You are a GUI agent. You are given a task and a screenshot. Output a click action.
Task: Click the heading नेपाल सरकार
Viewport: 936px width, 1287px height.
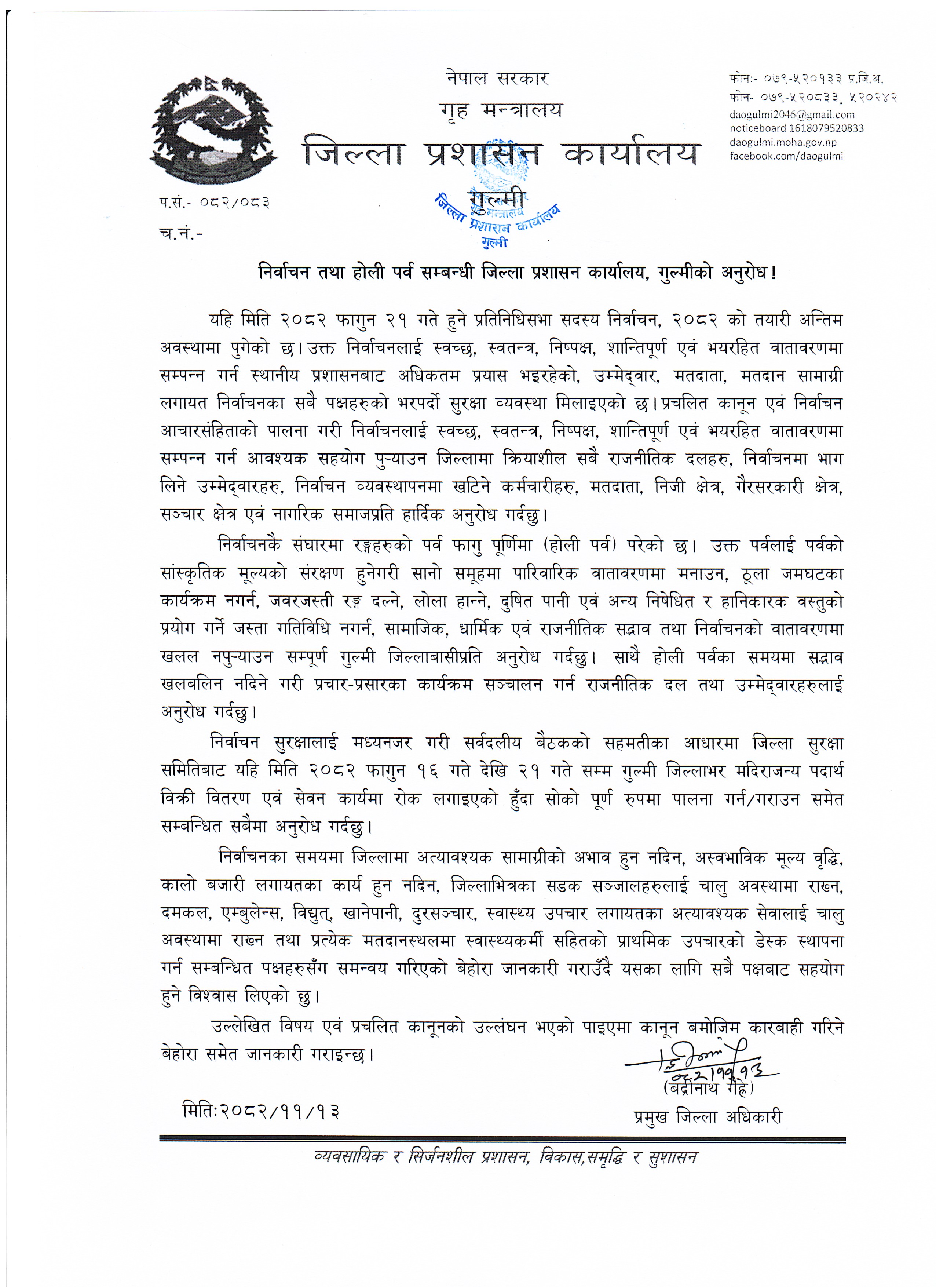[497, 78]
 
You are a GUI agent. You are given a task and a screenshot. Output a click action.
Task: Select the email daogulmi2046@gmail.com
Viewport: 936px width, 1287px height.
[792, 114]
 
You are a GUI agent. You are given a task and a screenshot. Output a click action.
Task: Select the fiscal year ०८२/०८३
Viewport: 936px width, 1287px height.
[233, 202]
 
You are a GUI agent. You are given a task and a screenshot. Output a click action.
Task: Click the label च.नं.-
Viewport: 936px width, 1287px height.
[181, 233]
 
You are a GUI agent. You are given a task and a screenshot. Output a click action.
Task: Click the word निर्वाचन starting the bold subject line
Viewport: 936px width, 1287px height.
[284, 273]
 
